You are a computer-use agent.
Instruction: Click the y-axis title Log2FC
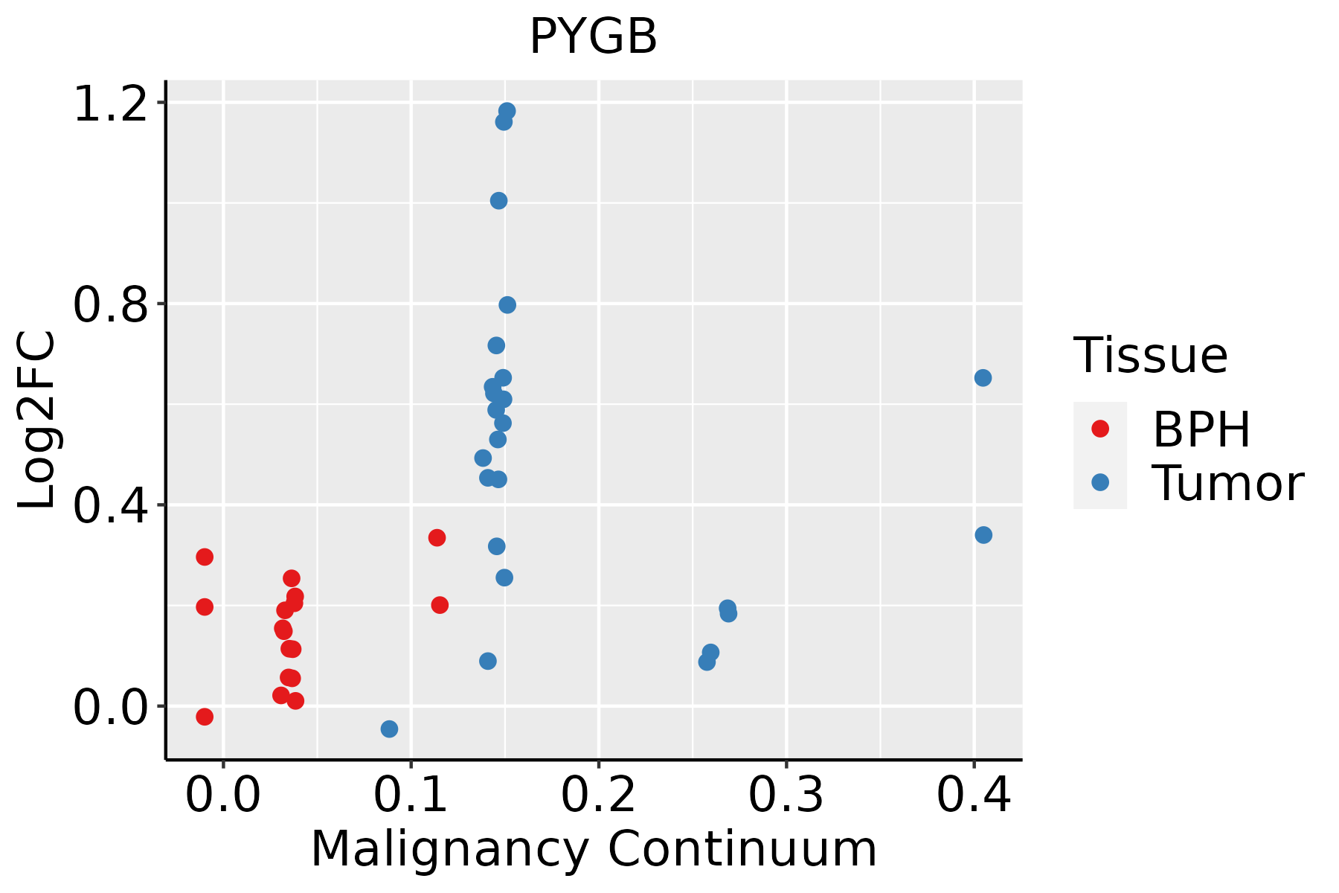[37, 420]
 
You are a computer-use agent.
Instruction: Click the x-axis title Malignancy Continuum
[593, 849]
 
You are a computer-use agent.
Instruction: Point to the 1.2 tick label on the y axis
[110, 103]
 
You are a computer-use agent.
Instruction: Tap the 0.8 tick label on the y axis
[110, 304]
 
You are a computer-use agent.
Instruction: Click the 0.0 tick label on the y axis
[110, 707]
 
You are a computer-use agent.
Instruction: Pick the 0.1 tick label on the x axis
[411, 796]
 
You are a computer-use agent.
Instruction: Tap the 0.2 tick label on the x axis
[598, 796]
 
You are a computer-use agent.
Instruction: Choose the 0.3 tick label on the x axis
[786, 796]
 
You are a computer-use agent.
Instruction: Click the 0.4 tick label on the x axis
[973, 796]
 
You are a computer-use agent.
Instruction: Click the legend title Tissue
[1151, 356]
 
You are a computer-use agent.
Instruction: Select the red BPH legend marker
[1099, 429]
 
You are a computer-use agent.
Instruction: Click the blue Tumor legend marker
[1099, 482]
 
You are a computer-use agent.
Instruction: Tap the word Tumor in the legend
[1227, 484]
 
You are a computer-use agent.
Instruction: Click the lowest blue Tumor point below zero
[389, 729]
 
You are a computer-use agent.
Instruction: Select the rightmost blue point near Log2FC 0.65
[983, 378]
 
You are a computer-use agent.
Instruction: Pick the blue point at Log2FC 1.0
[498, 201]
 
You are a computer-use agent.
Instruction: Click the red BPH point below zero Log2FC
[205, 717]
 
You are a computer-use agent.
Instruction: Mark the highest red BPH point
[437, 537]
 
